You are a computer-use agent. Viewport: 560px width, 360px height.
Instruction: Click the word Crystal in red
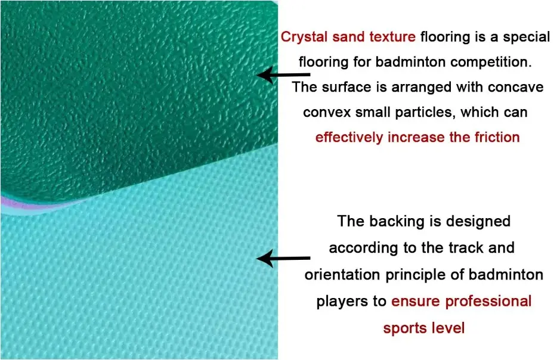(x=305, y=37)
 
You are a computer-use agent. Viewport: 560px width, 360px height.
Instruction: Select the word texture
(x=391, y=37)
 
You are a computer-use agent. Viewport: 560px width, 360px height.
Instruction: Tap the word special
(x=526, y=37)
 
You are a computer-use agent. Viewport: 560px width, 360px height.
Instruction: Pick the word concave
(x=516, y=87)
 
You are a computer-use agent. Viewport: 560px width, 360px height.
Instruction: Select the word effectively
(x=349, y=137)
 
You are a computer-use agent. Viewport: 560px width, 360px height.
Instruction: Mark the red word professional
(x=481, y=301)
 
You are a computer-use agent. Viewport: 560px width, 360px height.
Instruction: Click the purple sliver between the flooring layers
(x=24, y=204)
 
